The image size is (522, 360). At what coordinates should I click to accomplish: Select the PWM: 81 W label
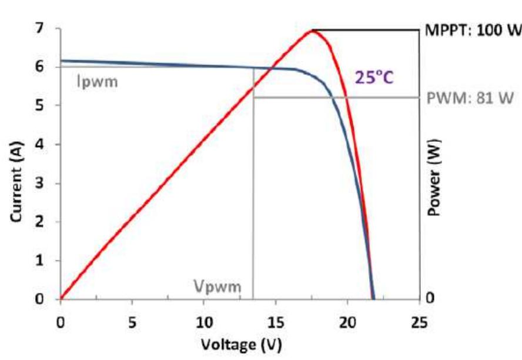point(473,98)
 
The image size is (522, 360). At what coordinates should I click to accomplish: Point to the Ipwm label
point(98,82)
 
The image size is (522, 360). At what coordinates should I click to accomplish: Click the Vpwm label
point(217,287)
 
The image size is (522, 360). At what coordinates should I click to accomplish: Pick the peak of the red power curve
point(313,30)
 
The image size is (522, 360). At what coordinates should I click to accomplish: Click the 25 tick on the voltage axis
point(419,322)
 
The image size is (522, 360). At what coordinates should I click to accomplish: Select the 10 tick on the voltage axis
point(203,322)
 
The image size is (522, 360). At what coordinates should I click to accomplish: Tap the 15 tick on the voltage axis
point(275,322)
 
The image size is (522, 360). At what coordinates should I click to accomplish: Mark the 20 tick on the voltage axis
point(347,322)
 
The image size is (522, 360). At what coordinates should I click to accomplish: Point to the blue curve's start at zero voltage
point(61,61)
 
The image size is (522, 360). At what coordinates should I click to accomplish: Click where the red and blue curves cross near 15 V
point(272,68)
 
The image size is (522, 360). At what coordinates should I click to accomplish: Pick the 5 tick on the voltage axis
point(132,322)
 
